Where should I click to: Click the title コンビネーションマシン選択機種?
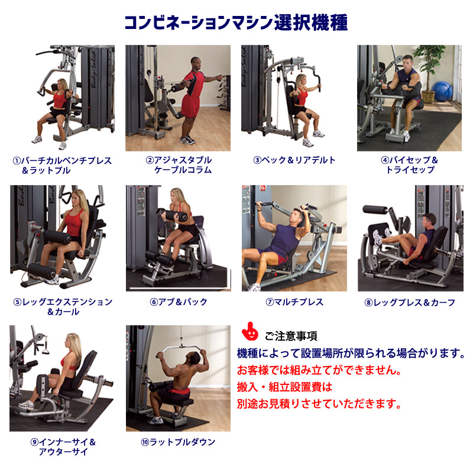tap(236, 22)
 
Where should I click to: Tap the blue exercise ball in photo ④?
tap(442, 91)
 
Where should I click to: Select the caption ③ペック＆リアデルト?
tap(294, 160)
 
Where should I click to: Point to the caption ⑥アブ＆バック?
tap(179, 302)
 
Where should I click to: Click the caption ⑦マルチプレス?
tap(294, 302)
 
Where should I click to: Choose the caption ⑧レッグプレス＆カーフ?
tap(410, 302)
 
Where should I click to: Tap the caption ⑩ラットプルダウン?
tap(178, 442)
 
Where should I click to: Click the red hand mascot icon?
tap(250, 331)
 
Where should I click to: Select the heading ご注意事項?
tap(291, 336)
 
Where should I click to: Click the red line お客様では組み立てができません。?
tap(319, 370)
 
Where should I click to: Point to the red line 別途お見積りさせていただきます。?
tap(319, 403)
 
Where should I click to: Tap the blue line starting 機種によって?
tap(351, 353)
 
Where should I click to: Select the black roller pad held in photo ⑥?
tap(172, 215)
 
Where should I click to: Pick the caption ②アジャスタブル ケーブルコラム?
tap(179, 165)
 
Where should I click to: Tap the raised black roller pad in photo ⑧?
tap(375, 209)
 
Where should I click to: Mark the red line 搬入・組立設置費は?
tap(284, 387)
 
